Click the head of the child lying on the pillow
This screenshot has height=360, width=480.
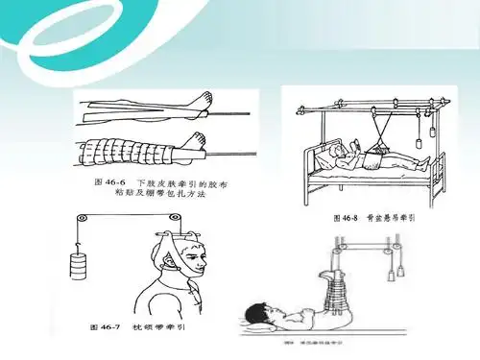pyautogui.click(x=257, y=313)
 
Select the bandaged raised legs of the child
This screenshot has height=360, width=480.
pyautogui.click(x=337, y=288)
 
